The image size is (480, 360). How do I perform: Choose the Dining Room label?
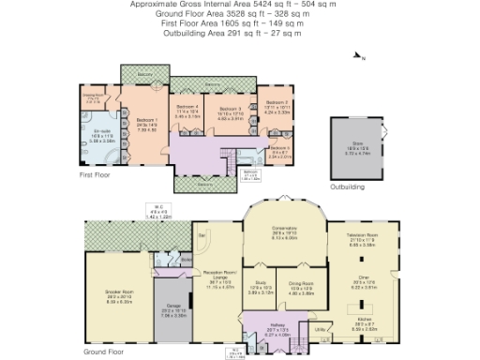299,285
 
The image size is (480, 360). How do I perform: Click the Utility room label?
319,329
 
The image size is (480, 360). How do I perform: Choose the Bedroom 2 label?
278,148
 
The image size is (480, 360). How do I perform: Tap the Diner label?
361,277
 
